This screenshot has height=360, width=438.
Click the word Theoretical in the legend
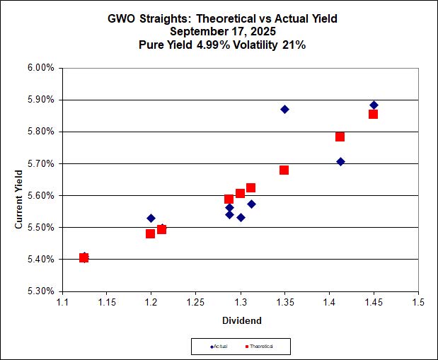pyautogui.click(x=260, y=347)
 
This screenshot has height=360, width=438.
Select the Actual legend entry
pyautogui.click(x=224, y=347)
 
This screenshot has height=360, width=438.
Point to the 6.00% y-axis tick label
pyautogui.click(x=40, y=68)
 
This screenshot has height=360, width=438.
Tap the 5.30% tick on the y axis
pyautogui.click(x=40, y=291)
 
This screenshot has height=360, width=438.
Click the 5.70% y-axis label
pyautogui.click(x=40, y=163)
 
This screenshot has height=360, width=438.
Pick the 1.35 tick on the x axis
pyautogui.click(x=284, y=303)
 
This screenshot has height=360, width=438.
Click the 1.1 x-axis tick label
pyautogui.click(x=62, y=303)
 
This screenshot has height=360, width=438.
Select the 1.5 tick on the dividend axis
pyautogui.click(x=418, y=303)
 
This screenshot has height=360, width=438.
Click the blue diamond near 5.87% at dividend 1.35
pyautogui.click(x=284, y=109)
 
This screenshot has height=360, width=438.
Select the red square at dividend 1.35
pyautogui.click(x=284, y=170)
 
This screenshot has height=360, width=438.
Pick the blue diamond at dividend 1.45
pyautogui.click(x=374, y=105)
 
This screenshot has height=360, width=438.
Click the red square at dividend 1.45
pyautogui.click(x=373, y=114)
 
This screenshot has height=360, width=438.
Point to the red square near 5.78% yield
pyautogui.click(x=340, y=137)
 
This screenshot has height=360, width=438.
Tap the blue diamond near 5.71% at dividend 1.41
pyautogui.click(x=340, y=161)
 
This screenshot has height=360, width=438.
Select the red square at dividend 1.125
pyautogui.click(x=83, y=257)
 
